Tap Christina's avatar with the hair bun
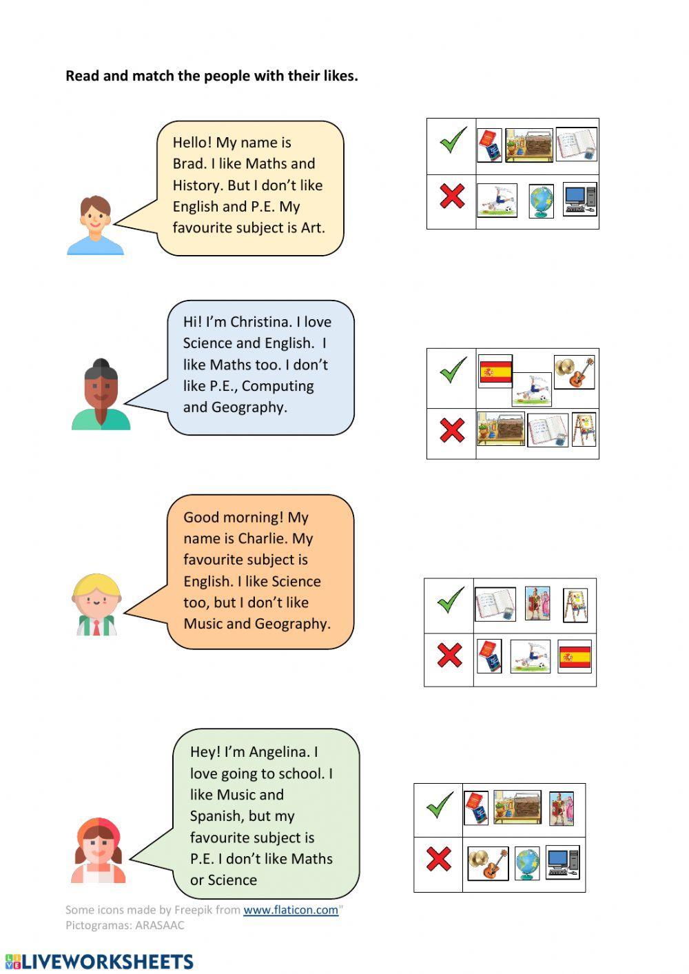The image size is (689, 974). point(101,395)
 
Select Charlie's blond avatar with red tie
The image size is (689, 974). point(96,605)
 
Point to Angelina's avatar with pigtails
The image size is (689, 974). point(99,851)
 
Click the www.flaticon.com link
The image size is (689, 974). point(290,910)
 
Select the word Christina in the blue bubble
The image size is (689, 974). point(261,322)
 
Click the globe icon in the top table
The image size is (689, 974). point(542,201)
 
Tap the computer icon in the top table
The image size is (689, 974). point(579,199)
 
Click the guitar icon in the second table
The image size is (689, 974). point(575,372)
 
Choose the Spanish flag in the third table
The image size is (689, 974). point(575,657)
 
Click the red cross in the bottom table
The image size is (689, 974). point(438,860)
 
